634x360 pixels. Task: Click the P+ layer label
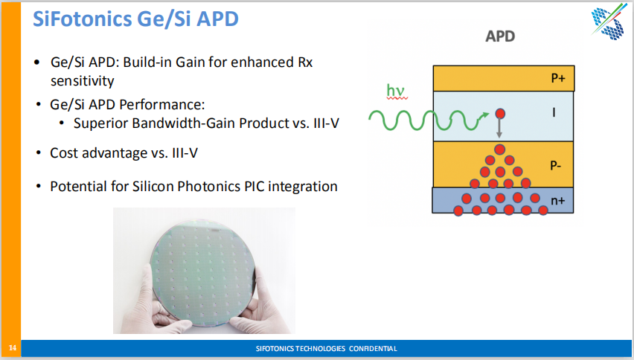click(558, 78)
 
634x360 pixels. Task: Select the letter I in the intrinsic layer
click(554, 112)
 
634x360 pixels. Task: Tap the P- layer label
click(556, 165)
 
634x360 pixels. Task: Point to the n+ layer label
click(557, 200)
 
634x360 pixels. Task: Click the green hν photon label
click(395, 91)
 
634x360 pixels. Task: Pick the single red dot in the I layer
click(500, 114)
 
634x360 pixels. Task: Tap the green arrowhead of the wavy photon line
click(484, 116)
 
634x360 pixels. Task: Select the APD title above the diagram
click(500, 36)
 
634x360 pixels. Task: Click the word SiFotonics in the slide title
click(83, 19)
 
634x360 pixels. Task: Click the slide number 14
click(13, 348)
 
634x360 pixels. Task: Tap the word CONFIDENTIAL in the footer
click(373, 348)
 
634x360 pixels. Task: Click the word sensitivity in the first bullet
click(82, 81)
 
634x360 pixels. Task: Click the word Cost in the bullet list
click(63, 152)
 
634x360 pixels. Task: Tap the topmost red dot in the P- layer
click(500, 150)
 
